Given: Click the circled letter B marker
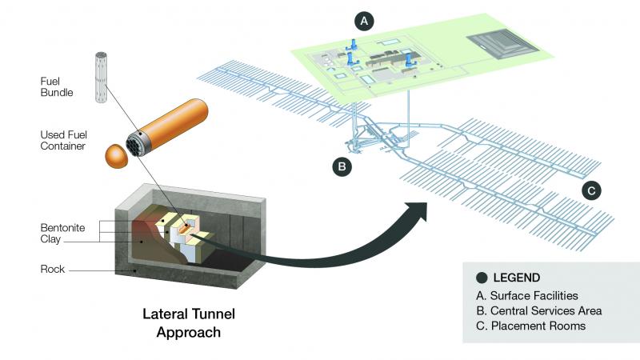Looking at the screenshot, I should (342, 166).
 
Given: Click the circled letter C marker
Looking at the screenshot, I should (590, 190).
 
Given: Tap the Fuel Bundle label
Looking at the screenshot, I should (56, 86).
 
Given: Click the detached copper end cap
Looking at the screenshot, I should (118, 154).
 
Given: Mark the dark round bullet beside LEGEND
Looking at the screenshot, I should (482, 278).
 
